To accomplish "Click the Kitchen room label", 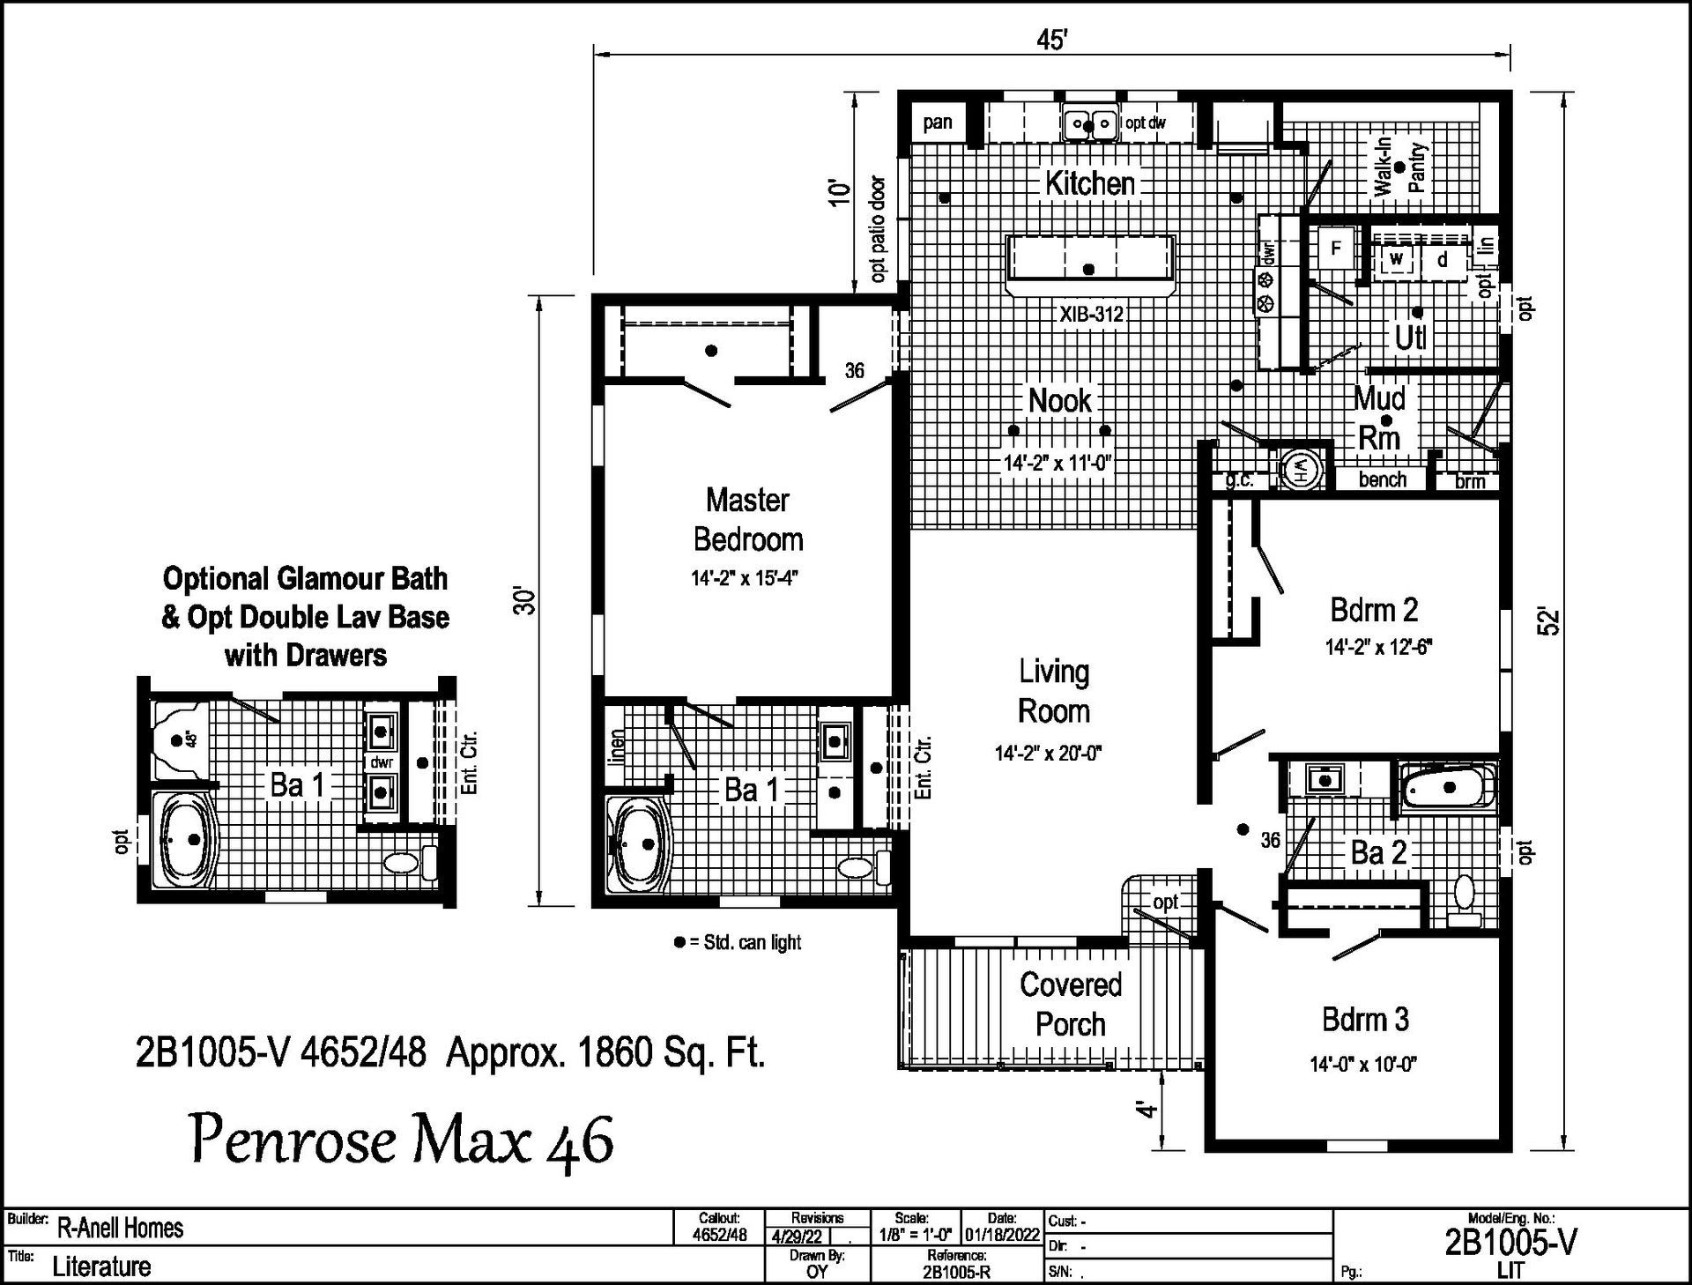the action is [x=1090, y=183].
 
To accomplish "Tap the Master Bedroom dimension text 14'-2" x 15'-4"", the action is [x=746, y=579].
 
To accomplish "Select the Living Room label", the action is [x=1054, y=691].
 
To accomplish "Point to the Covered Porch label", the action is [x=1071, y=1004].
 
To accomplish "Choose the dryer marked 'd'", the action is [x=1443, y=260].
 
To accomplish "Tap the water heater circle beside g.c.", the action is [x=1302, y=469].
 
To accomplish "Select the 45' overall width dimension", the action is [x=1052, y=41].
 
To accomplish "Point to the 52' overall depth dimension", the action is [x=1551, y=621].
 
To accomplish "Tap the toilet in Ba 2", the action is [x=1465, y=900].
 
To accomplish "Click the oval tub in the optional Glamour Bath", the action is [x=183, y=839].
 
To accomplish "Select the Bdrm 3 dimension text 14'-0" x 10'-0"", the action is [x=1363, y=1064].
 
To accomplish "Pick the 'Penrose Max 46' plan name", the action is [x=402, y=1140].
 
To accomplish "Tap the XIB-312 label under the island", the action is [x=1091, y=314].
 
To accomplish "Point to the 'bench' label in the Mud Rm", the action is [x=1383, y=479].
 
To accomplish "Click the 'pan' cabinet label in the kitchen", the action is [x=938, y=123].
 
